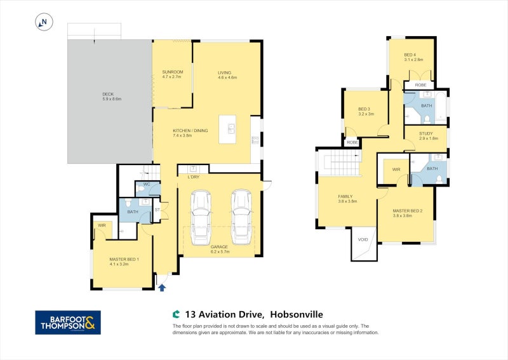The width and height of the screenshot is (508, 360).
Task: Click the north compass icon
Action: tap(44, 23)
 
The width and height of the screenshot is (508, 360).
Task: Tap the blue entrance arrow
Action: tap(162, 288)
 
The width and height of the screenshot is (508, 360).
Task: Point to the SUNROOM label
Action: tap(171, 72)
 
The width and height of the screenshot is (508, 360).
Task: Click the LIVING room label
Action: tap(227, 72)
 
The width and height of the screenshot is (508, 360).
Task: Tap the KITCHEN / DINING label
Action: tap(190, 131)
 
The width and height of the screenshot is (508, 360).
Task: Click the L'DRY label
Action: tap(194, 177)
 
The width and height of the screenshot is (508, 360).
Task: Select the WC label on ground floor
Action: tap(146, 185)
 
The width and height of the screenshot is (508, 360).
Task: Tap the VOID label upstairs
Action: tap(363, 239)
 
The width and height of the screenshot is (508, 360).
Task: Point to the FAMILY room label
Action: tap(345, 197)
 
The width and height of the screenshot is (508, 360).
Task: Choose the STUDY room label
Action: tap(425, 133)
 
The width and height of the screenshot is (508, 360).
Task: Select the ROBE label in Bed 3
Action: tap(351, 142)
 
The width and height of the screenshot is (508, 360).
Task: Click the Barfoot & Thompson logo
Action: tap(67, 323)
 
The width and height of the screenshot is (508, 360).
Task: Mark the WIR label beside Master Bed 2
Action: tap(396, 170)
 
